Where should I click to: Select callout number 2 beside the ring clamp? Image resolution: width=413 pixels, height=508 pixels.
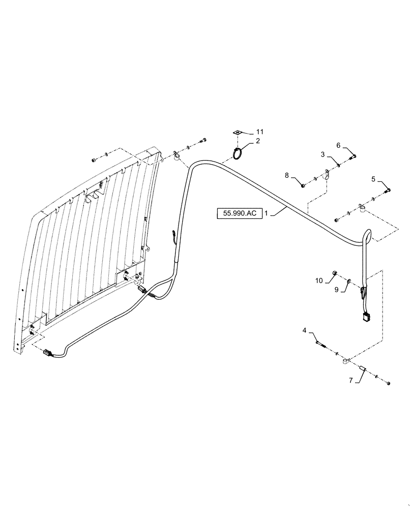pyautogui.click(x=257, y=141)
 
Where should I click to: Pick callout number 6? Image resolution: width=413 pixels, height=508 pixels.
pyautogui.click(x=338, y=145)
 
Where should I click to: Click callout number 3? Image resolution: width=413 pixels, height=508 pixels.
pyautogui.click(x=322, y=153)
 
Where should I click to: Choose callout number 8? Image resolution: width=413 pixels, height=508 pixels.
pyautogui.click(x=287, y=176)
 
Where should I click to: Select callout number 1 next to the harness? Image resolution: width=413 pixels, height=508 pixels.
pyautogui.click(x=267, y=214)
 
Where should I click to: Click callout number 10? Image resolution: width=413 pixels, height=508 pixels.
pyautogui.click(x=319, y=280)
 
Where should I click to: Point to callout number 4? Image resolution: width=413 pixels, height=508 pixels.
pyautogui.click(x=304, y=331)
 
